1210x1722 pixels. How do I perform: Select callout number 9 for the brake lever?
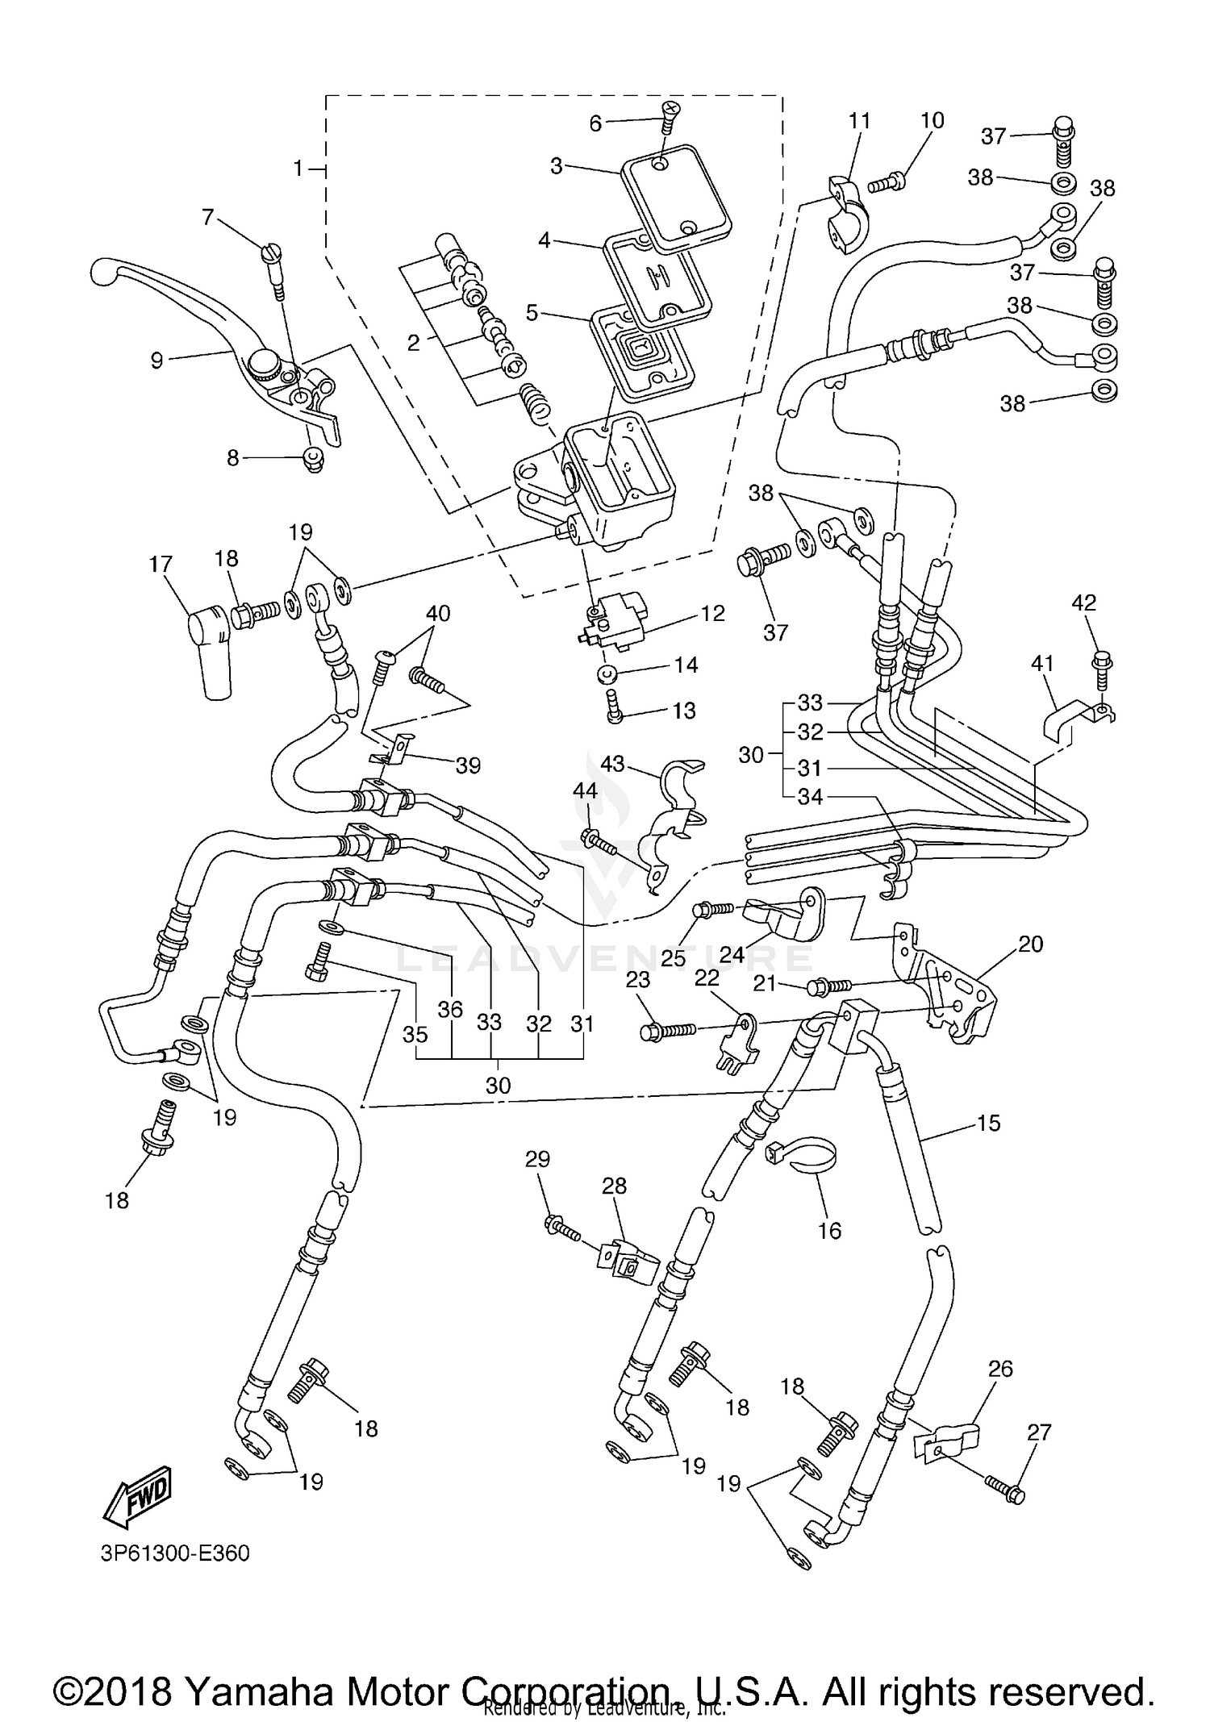(x=156, y=360)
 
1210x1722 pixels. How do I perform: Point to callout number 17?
(x=161, y=564)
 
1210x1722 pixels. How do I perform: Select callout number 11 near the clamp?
(x=860, y=121)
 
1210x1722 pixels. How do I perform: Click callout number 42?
(x=1083, y=602)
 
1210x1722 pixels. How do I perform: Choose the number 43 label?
(x=612, y=763)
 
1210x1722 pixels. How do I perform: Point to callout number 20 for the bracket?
(x=1030, y=943)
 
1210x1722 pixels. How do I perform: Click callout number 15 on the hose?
(x=988, y=1123)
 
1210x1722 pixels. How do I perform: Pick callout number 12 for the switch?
(x=713, y=613)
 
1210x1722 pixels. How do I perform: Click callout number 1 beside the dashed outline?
(x=298, y=169)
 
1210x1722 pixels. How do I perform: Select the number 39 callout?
(x=468, y=765)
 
